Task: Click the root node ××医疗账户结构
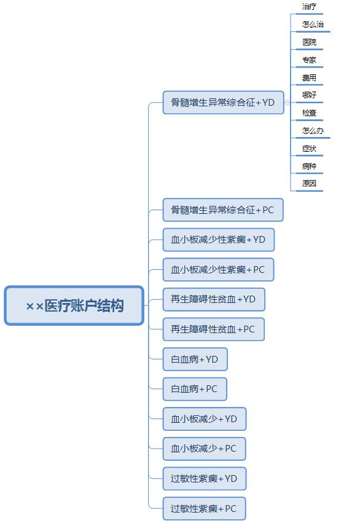point(74,305)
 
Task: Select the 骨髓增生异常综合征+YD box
point(224,103)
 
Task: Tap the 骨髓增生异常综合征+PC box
point(223,210)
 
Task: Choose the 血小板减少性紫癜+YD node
point(219,240)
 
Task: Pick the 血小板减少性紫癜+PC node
point(218,270)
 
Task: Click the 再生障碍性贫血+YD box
point(214,299)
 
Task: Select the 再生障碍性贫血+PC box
point(214,329)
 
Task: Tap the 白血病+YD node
point(195,360)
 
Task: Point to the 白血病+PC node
point(195,389)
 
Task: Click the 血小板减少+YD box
point(205,419)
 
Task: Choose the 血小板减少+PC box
point(205,449)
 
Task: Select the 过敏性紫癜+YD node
point(205,479)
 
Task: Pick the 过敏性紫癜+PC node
point(205,508)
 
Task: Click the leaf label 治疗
point(309,7)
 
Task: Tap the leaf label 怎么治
point(313,25)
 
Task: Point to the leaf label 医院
point(309,42)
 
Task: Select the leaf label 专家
point(309,60)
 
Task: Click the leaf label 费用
point(309,77)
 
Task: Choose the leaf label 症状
point(309,149)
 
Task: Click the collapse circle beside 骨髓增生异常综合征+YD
point(288,103)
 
